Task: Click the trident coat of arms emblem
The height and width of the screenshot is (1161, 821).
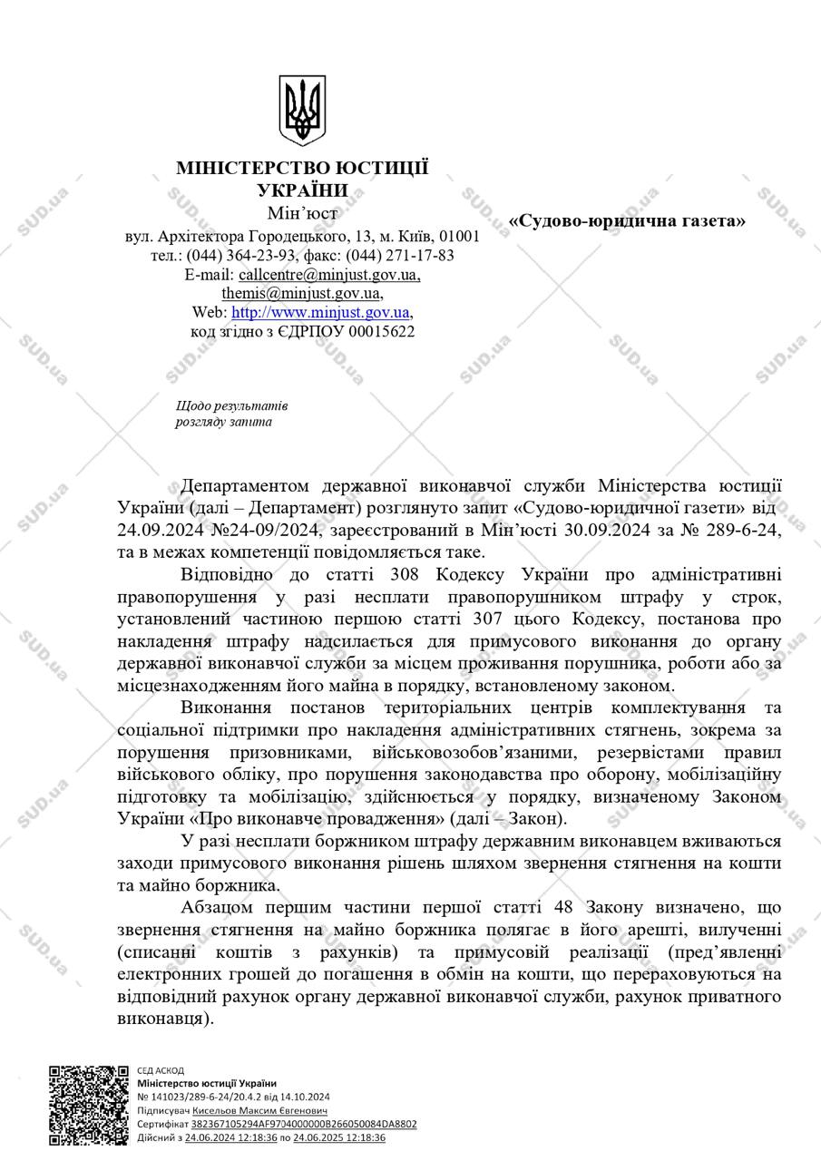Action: [302, 112]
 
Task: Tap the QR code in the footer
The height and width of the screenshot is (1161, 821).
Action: [89, 1105]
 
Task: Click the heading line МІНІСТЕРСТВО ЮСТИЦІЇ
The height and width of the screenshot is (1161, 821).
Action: [302, 170]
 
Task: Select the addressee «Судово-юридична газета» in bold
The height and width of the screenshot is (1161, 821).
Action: [627, 220]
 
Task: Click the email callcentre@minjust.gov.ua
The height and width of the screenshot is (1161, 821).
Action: [329, 274]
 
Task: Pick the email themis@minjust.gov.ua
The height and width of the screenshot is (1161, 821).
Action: [301, 293]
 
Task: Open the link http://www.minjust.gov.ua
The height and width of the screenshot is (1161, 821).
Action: [321, 312]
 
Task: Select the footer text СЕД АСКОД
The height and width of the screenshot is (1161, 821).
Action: [161, 1070]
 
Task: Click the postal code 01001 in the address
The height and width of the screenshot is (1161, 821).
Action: [460, 236]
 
